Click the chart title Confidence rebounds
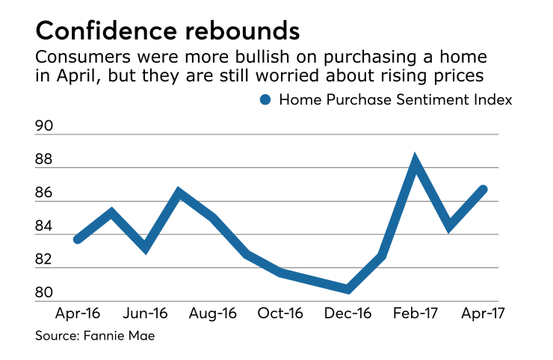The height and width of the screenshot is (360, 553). pyautogui.click(x=168, y=31)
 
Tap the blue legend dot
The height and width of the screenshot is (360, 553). pyautogui.click(x=264, y=100)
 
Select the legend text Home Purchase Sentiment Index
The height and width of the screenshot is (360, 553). pyautogui.click(x=395, y=100)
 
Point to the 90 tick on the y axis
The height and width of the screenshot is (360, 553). pyautogui.click(x=45, y=127)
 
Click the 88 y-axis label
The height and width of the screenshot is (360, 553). pyautogui.click(x=45, y=160)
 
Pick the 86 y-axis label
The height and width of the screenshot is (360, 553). pyautogui.click(x=45, y=193)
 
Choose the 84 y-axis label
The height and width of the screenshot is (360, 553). pyautogui.click(x=45, y=226)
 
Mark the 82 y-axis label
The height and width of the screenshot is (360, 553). pyautogui.click(x=45, y=260)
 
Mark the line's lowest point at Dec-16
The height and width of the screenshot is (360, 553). pyautogui.click(x=348, y=288)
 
